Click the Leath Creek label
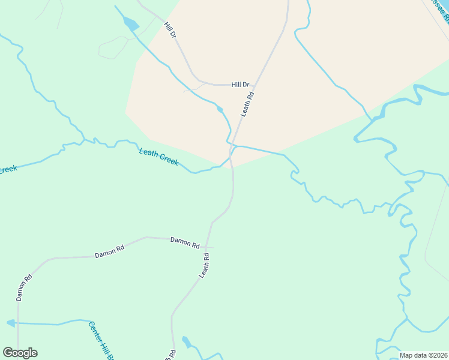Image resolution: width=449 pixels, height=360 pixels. (x=158, y=157)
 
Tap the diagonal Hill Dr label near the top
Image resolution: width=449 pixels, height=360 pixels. (x=170, y=30)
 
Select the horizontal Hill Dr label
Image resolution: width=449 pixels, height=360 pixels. (x=240, y=85)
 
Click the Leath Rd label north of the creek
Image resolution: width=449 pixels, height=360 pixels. (x=247, y=103)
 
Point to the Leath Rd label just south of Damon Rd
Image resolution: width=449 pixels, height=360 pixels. (x=204, y=265)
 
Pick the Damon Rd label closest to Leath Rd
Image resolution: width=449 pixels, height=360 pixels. (x=184, y=242)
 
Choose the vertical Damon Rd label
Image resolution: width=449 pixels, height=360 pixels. (x=23, y=288)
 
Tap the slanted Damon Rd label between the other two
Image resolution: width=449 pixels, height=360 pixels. (x=109, y=251)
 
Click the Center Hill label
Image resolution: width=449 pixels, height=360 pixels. (x=101, y=341)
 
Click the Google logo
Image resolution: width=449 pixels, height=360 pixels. (x=20, y=353)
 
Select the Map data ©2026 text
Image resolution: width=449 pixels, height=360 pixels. (x=423, y=355)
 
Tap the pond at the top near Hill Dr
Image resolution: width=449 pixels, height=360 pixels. (x=130, y=25)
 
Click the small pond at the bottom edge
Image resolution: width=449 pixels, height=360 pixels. (x=186, y=343)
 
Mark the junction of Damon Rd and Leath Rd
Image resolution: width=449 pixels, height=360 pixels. (x=206, y=247)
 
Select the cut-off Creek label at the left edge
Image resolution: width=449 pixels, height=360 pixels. (x=7, y=170)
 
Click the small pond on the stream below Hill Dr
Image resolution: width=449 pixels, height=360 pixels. (x=221, y=109)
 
